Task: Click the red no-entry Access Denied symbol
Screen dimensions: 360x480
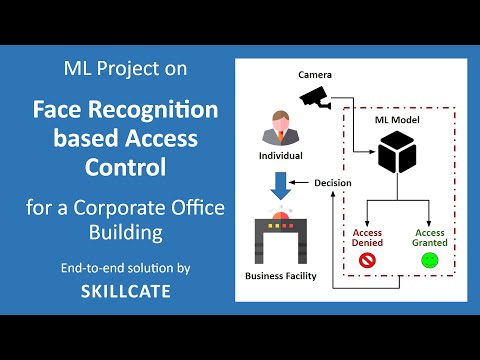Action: pyautogui.click(x=367, y=260)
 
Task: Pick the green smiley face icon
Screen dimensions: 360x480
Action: pyautogui.click(x=429, y=260)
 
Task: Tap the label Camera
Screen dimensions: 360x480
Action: pyautogui.click(x=314, y=76)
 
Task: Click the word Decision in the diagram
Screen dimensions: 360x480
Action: pyautogui.click(x=332, y=183)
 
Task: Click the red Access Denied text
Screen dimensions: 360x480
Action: pyautogui.click(x=367, y=237)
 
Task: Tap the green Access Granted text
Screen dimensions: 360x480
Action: pyautogui.click(x=429, y=237)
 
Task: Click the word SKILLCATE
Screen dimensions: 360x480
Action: pyautogui.click(x=124, y=292)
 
